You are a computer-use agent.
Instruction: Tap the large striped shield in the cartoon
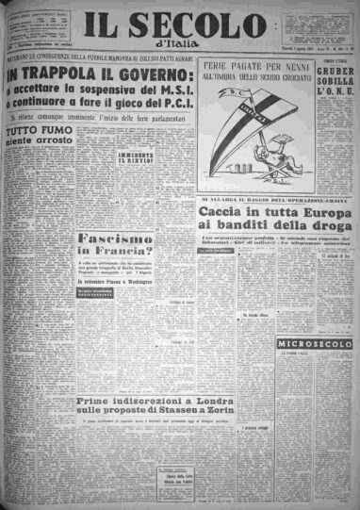[x=250, y=121]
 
